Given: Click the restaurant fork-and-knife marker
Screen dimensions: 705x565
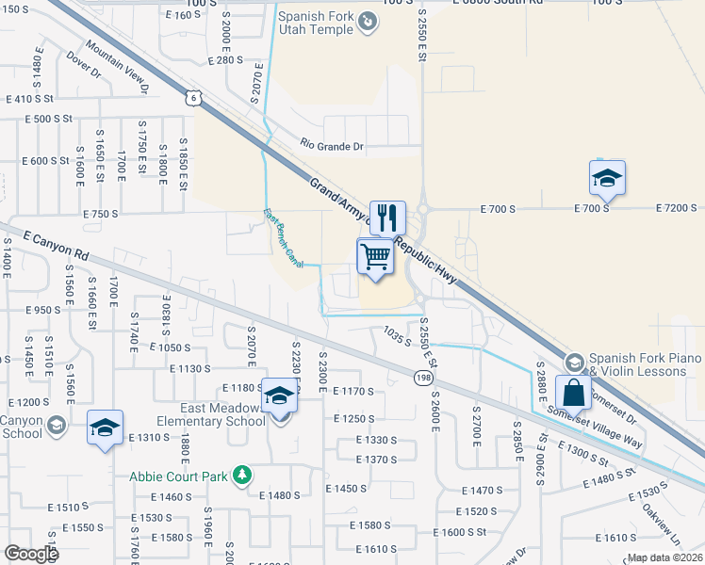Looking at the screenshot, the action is tap(387, 219).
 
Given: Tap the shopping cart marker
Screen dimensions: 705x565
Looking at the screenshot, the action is tap(375, 256).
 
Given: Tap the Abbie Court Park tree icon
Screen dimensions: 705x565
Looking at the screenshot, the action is tap(243, 475).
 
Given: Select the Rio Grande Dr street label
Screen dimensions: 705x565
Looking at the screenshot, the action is tap(332, 146).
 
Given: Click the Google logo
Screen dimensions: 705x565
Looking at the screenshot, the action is tap(31, 553).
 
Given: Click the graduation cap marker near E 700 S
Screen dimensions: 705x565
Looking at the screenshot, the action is tap(607, 177).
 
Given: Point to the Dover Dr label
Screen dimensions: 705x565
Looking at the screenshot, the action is tap(83, 64).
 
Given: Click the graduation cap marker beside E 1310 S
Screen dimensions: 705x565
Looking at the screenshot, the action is tap(106, 428).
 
